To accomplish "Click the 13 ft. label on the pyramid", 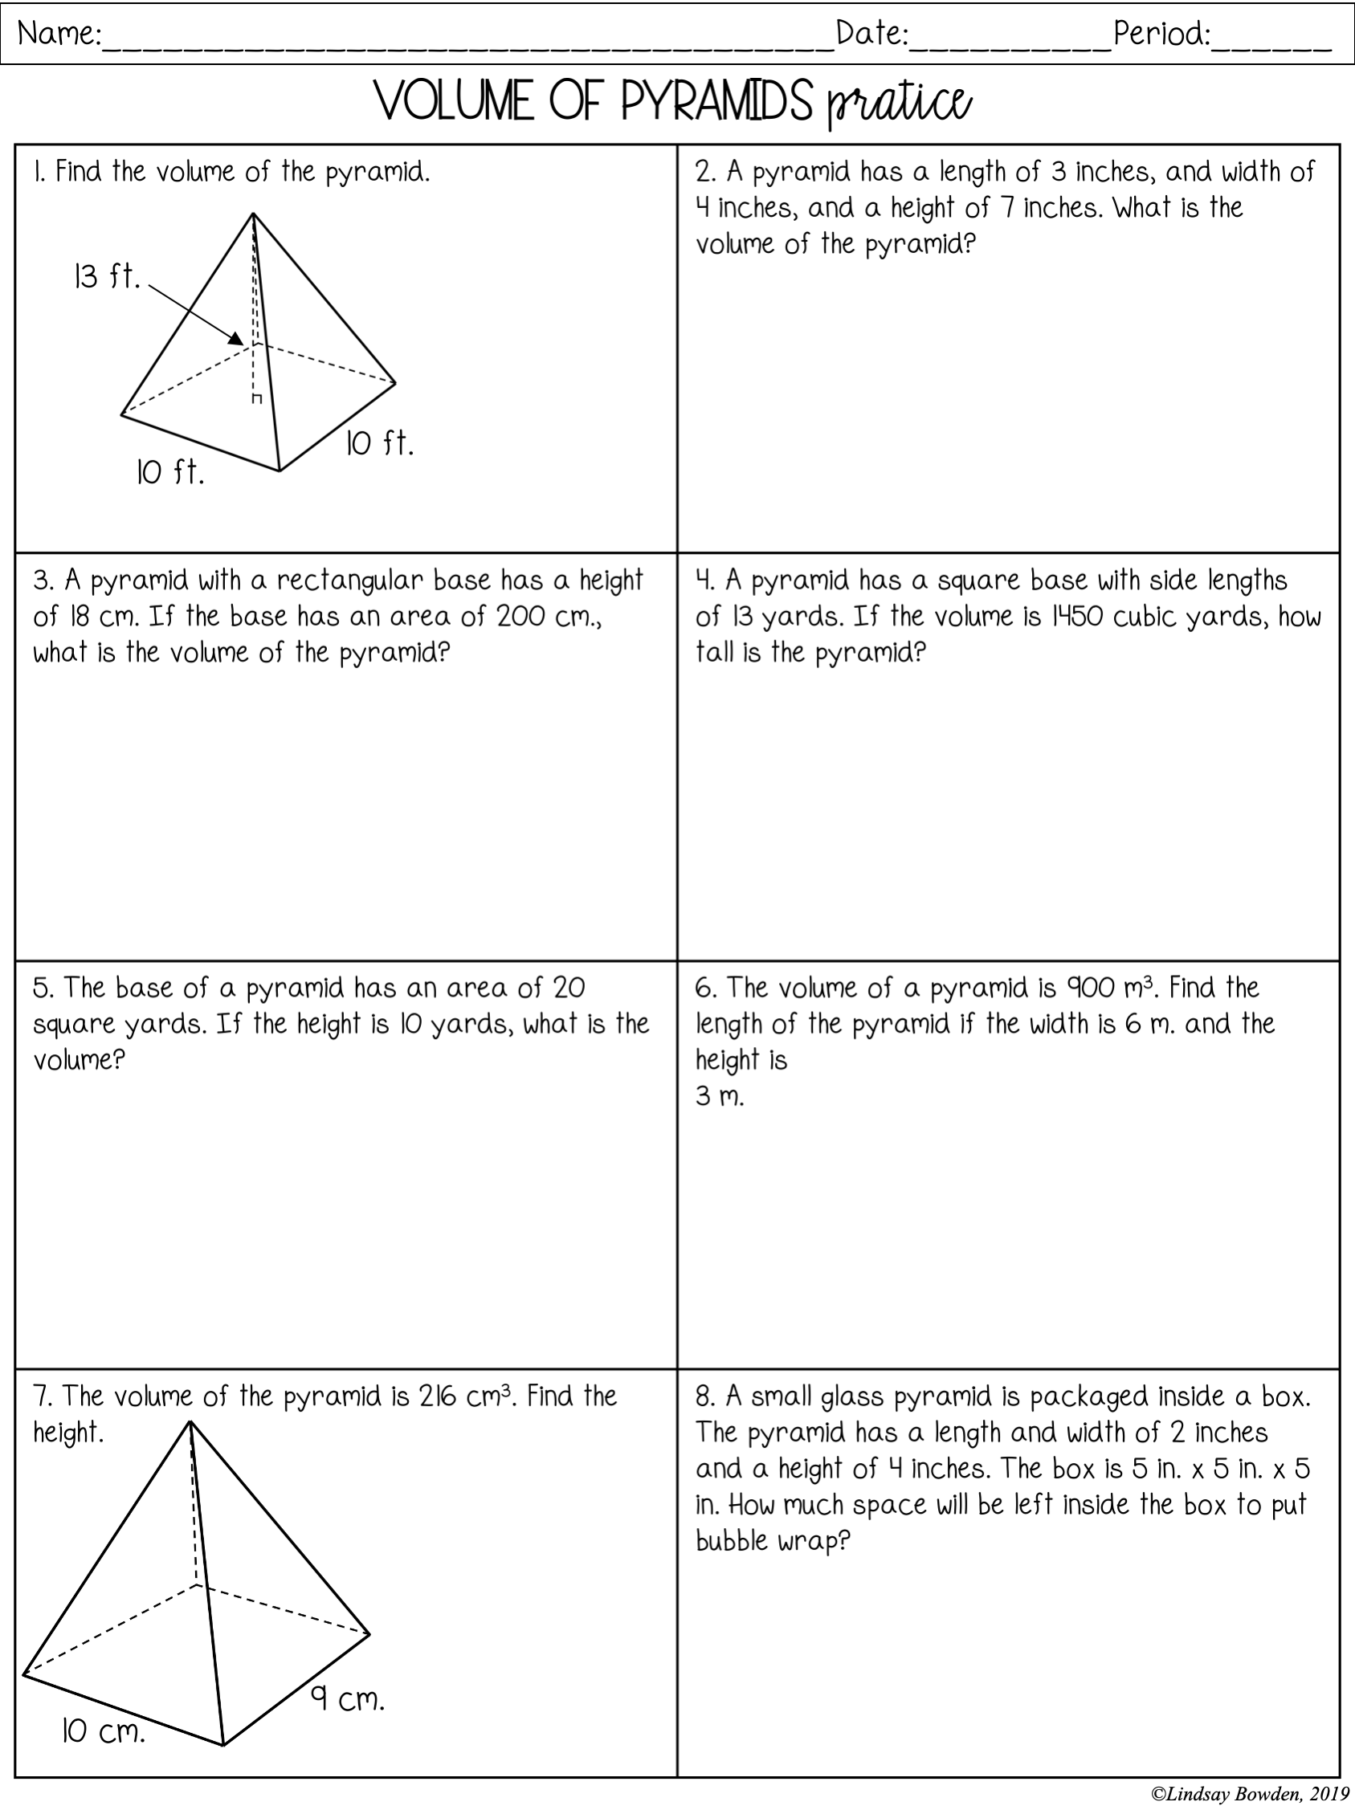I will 106,277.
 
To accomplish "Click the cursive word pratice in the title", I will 899,104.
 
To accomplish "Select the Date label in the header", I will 871,35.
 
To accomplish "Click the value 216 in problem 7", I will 439,1396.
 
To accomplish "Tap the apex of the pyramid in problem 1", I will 253,214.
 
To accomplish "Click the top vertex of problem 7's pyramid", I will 190,1422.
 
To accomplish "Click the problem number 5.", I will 42,988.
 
